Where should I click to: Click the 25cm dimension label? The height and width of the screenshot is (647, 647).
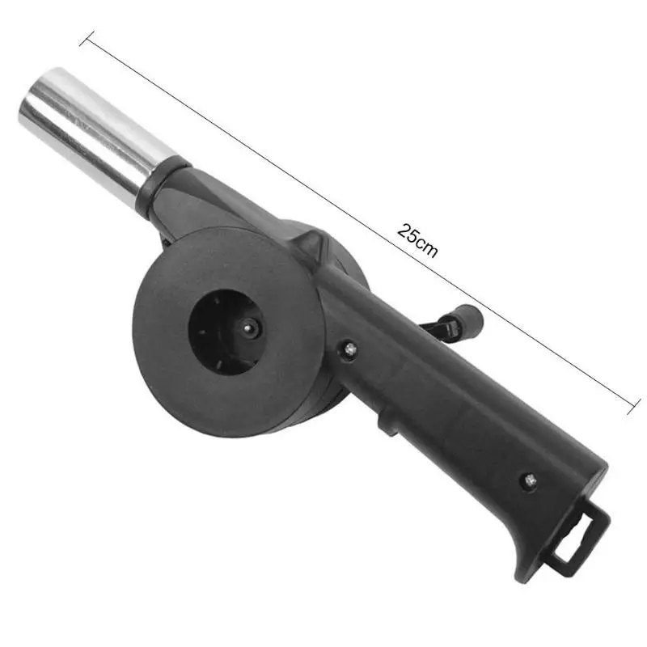[x=417, y=239]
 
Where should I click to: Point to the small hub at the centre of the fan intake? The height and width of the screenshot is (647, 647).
[x=249, y=329]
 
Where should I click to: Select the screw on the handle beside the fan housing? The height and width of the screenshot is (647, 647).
[x=350, y=349]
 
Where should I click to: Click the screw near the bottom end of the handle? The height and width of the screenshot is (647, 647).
[x=531, y=480]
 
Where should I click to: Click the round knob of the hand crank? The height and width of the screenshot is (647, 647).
[x=469, y=319]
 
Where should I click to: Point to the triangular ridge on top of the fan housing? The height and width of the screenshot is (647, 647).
[x=312, y=243]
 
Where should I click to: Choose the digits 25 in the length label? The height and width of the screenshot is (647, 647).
[x=408, y=232]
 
